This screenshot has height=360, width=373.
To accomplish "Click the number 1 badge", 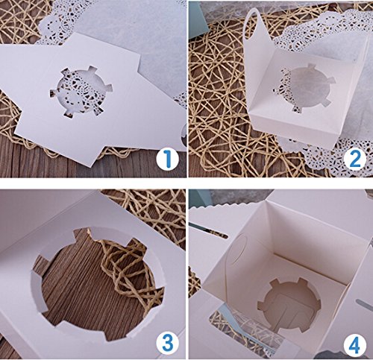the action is pos(168,159).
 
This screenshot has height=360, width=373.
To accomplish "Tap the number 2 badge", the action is pos(355,159).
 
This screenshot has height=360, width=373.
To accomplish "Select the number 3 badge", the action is pos(168,344).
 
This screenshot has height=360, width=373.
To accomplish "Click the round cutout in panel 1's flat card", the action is pos(81,91).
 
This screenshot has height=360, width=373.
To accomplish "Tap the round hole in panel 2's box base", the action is pos(304,88).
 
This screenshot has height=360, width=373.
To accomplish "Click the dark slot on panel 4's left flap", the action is pos(208,230).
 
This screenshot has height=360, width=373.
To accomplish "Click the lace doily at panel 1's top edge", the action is pos(60,22).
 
